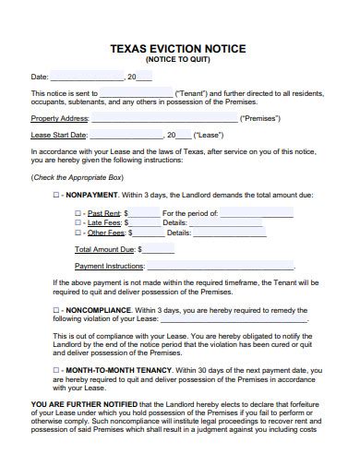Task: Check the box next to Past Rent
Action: click(78, 213)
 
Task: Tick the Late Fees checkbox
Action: click(78, 223)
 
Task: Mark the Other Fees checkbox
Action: click(78, 233)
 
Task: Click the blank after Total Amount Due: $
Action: click(158, 249)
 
